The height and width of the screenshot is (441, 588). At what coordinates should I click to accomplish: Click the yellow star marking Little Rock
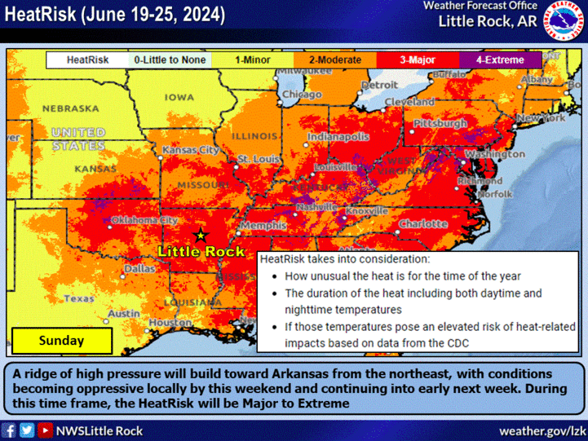(201, 235)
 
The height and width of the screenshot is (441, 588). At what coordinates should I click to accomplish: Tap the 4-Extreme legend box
(499, 60)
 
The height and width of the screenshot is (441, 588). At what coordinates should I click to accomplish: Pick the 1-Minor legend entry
(253, 60)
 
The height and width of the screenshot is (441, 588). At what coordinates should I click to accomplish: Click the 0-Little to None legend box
(170, 60)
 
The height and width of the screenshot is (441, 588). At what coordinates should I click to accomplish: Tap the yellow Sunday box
(62, 341)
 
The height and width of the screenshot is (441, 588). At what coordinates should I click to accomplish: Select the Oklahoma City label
(144, 220)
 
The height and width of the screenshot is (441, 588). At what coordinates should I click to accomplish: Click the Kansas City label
(191, 151)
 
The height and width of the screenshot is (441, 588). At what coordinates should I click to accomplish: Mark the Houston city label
(170, 323)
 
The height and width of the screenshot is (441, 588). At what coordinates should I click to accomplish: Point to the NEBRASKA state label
(70, 108)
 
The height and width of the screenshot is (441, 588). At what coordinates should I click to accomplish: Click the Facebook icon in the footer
(10, 430)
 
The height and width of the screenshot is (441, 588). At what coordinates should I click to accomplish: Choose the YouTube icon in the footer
(45, 430)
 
